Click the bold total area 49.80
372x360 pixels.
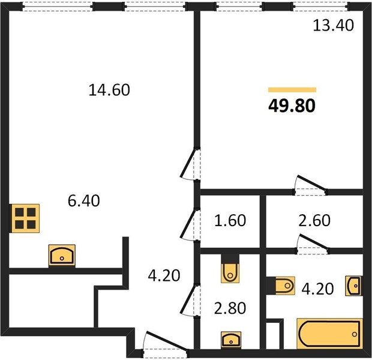[292, 106]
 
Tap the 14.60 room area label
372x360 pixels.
[109, 90]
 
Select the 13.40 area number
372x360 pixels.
[334, 25]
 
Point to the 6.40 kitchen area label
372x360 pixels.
[83, 201]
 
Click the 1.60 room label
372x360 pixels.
[230, 220]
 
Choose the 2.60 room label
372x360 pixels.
[314, 220]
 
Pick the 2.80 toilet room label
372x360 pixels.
[230, 308]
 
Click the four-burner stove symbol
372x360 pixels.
[25, 218]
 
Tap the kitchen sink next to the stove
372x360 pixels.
[62, 256]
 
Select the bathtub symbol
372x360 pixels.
[330, 334]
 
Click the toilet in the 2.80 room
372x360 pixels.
[230, 269]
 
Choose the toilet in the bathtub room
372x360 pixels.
[281, 286]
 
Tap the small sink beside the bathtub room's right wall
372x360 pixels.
[354, 286]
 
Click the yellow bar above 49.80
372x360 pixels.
[292, 90]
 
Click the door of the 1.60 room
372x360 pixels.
[190, 225]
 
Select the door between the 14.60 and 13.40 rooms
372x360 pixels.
[190, 164]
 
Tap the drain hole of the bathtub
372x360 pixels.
[355, 334]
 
